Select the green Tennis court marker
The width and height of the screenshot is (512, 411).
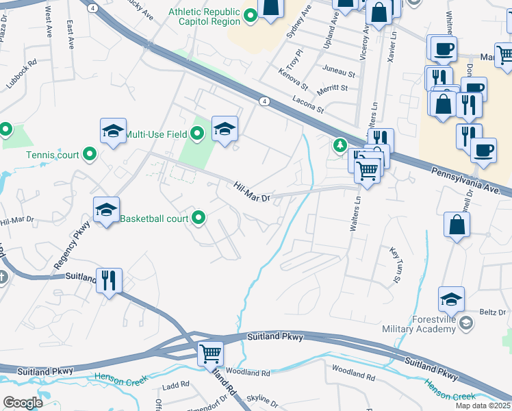pyautogui.click(x=90, y=155)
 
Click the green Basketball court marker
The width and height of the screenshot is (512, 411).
pyautogui.click(x=199, y=219)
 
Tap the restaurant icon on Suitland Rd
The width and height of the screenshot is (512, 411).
pyautogui.click(x=110, y=280)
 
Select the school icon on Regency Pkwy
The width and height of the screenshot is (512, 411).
pyautogui.click(x=106, y=210)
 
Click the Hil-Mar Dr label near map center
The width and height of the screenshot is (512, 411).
pyautogui.click(x=253, y=191)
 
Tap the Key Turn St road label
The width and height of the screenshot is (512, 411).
pyautogui.click(x=394, y=266)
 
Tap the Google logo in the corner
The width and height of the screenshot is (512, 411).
pyautogui.click(x=23, y=403)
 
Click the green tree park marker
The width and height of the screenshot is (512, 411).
pyautogui.click(x=339, y=145)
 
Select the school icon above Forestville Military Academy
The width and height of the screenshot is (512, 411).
pyautogui.click(x=451, y=299)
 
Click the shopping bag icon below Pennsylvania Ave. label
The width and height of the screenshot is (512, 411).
pyautogui.click(x=457, y=225)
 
